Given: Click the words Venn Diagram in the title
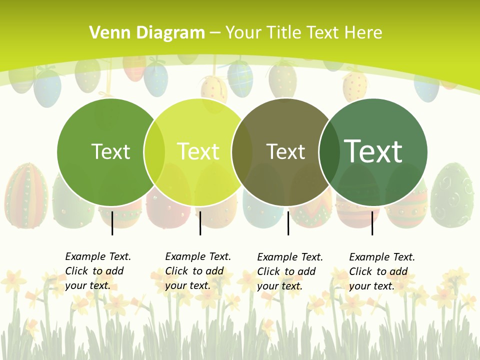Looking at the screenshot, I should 147,33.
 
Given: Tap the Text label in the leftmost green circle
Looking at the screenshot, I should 110,151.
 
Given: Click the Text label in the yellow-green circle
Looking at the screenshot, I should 198,151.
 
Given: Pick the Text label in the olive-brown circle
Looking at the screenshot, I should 285,151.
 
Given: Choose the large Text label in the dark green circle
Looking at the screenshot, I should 373,151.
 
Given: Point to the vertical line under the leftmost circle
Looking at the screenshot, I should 112,223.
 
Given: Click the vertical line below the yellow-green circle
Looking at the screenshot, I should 200,223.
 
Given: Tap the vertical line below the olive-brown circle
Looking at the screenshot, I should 288,223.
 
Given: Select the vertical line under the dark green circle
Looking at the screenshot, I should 372,223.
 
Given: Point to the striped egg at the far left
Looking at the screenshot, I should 26,195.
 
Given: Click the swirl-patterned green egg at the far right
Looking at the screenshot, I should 452,195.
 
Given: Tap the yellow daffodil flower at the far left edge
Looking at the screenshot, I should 13,281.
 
